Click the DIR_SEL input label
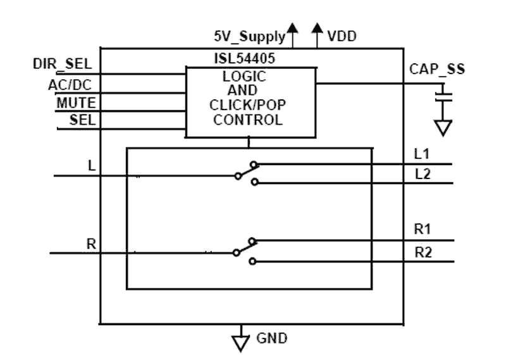(x=63, y=65)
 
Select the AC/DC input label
(x=70, y=84)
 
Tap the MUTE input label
(x=75, y=102)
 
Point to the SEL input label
(x=83, y=120)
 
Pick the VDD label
(x=342, y=36)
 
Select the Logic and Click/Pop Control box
(x=250, y=101)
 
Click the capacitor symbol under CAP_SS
(x=445, y=96)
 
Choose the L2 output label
(x=422, y=174)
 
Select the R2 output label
(x=423, y=252)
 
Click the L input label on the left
(x=92, y=165)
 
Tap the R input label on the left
(x=92, y=244)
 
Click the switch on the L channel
(x=247, y=173)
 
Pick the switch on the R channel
(x=245, y=250)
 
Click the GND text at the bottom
(x=268, y=340)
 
